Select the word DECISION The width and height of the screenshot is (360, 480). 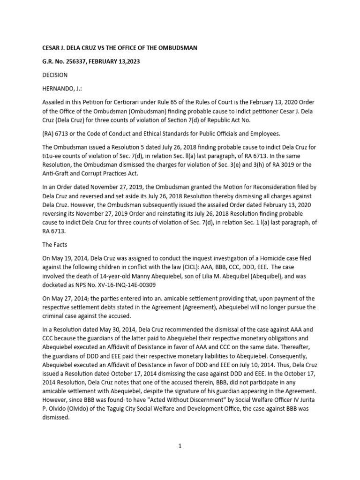point(55,75)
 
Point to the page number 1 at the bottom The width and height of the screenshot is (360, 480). point(180,446)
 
